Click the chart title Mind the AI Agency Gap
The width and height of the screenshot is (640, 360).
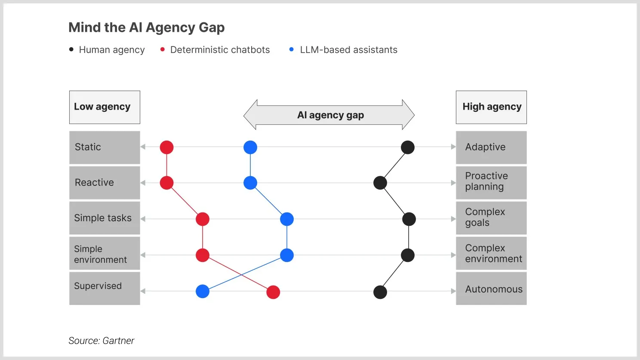pyautogui.click(x=146, y=28)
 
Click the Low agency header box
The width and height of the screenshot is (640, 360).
pyautogui.click(x=105, y=107)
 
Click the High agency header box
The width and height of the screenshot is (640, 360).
pyautogui.click(x=491, y=107)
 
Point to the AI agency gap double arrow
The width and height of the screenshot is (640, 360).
pyautogui.click(x=329, y=115)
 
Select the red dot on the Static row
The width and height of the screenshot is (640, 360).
pyautogui.click(x=166, y=147)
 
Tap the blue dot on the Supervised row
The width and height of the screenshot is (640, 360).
pyautogui.click(x=203, y=291)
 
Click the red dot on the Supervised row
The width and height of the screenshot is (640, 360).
pyautogui.click(x=273, y=292)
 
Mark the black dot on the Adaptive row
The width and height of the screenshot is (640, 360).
pyautogui.click(x=408, y=147)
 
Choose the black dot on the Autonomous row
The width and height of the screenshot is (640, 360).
pyautogui.click(x=380, y=292)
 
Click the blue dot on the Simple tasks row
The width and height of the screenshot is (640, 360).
pyautogui.click(x=287, y=219)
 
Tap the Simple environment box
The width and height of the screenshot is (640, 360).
pyautogui.click(x=105, y=254)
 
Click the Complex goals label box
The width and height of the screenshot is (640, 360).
pyautogui.click(x=491, y=218)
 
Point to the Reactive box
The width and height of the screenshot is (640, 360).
pyautogui.click(x=105, y=182)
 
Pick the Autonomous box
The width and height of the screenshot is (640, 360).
pyautogui.click(x=491, y=289)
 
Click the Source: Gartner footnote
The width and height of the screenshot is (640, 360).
pyautogui.click(x=102, y=341)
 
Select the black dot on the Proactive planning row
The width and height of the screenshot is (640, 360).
pyautogui.click(x=380, y=183)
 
